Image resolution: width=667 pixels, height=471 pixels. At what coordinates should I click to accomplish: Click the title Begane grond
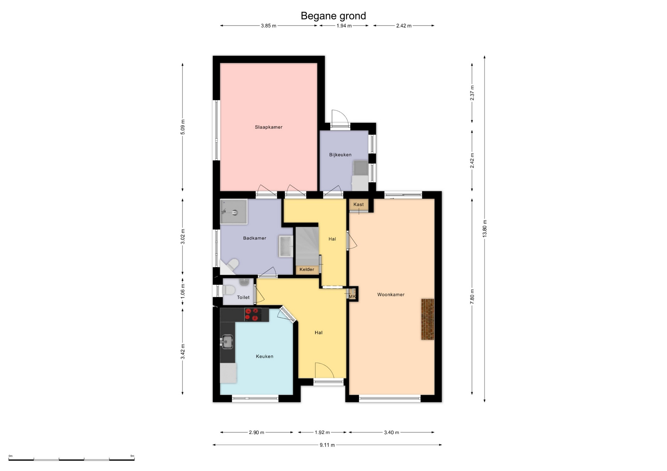(x=333, y=16)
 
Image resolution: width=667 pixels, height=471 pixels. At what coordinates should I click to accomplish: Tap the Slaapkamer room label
(x=269, y=127)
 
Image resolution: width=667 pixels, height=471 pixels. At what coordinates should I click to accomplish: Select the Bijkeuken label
(x=340, y=155)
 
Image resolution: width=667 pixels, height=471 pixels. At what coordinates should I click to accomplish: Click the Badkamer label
(x=255, y=238)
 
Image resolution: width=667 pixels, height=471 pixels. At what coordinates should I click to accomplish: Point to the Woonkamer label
(x=391, y=295)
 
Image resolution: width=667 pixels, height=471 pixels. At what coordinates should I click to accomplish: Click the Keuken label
(x=265, y=357)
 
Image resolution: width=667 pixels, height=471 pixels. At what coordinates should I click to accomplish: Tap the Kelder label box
(x=307, y=269)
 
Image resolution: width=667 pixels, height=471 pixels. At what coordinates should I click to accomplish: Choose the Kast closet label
(x=359, y=205)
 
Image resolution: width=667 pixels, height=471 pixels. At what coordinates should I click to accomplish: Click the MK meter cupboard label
(x=352, y=297)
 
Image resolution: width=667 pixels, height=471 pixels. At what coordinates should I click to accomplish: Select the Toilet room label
(x=243, y=298)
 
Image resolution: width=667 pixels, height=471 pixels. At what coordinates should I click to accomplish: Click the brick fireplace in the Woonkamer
(x=428, y=319)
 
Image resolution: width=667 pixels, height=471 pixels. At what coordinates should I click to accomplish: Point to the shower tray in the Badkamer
(x=234, y=212)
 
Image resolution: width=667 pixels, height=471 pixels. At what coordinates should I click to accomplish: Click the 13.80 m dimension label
(x=485, y=229)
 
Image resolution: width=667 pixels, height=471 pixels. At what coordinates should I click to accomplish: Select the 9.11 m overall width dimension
(x=327, y=445)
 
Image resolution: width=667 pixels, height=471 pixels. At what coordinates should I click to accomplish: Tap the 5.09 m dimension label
(x=183, y=127)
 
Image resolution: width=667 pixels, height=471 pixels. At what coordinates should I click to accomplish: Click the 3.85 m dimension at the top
(x=269, y=26)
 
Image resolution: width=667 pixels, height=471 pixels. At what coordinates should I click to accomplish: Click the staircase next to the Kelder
(x=307, y=246)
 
